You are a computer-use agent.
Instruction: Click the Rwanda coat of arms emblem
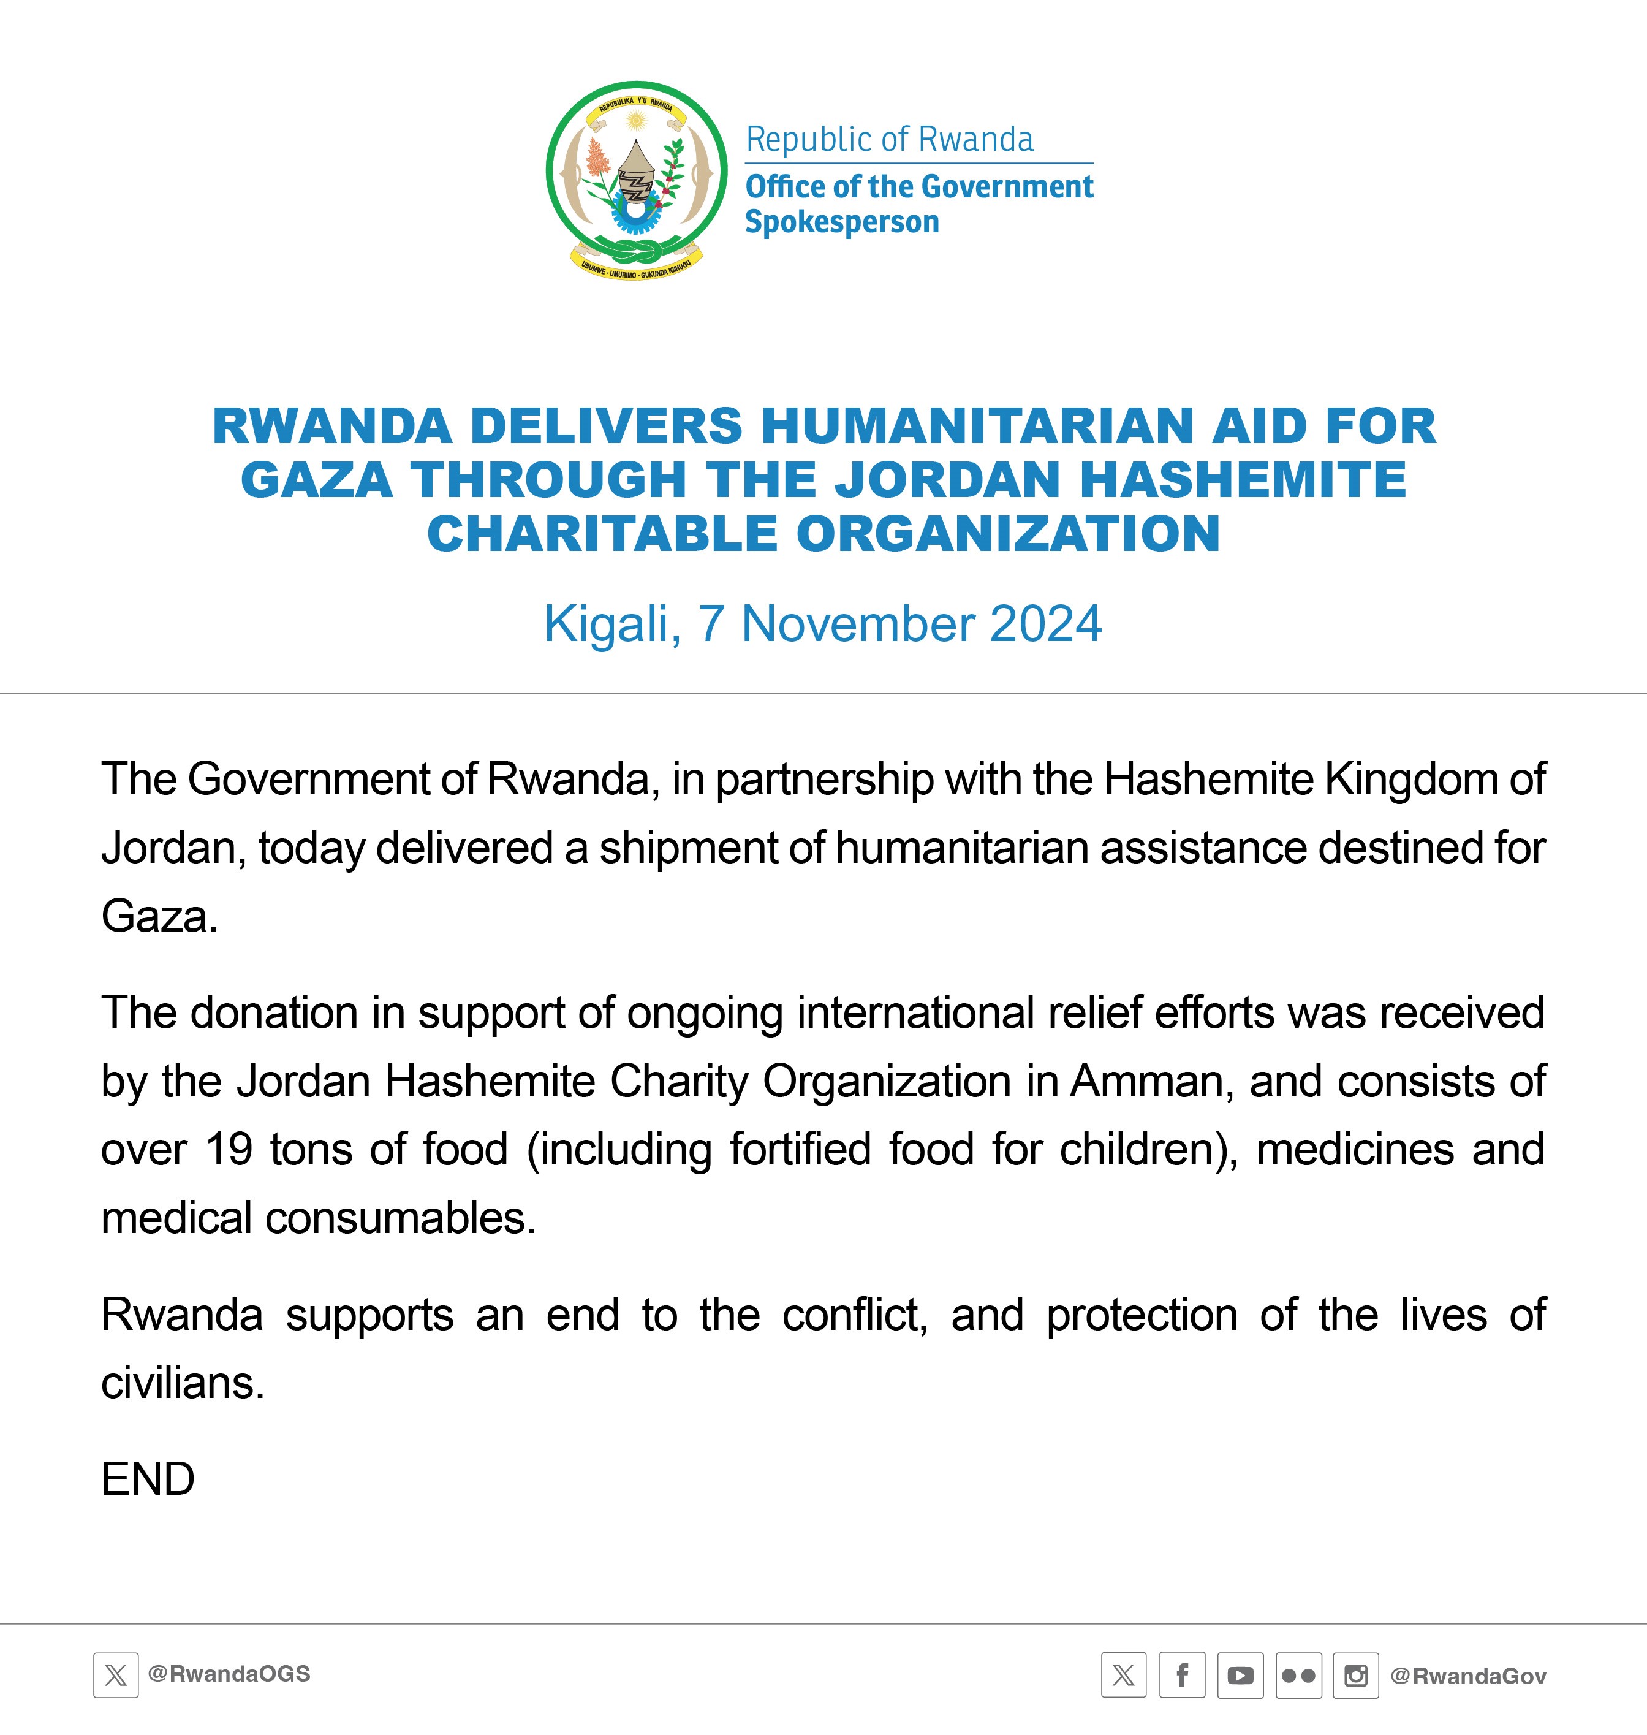click(x=637, y=181)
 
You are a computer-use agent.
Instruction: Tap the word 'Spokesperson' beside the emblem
click(x=842, y=222)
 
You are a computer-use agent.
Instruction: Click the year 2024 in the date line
click(x=1045, y=625)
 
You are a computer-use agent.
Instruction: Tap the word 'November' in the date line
click(x=858, y=625)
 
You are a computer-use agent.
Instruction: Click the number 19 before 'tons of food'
click(x=229, y=1149)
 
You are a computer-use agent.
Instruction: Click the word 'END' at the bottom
click(x=148, y=1479)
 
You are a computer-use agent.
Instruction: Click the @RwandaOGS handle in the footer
click(x=229, y=1674)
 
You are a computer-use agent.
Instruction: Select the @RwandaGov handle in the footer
click(x=1468, y=1676)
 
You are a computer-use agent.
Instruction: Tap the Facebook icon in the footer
click(x=1182, y=1676)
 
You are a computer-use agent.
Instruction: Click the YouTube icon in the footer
click(x=1240, y=1676)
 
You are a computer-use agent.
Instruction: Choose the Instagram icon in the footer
click(x=1355, y=1676)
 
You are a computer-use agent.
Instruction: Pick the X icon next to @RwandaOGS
click(x=116, y=1676)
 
